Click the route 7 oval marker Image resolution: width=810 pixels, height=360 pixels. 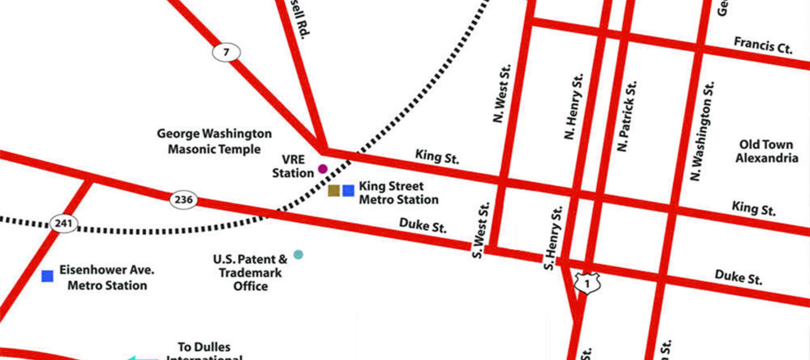[226, 53]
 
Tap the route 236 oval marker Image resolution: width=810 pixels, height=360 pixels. [184, 200]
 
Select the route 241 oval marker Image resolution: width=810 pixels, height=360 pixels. [64, 224]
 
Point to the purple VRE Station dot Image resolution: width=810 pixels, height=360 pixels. [323, 169]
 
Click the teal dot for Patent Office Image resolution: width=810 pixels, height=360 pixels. [298, 254]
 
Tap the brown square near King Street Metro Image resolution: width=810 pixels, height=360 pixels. [334, 191]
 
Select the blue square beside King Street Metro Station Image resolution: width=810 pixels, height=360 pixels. [349, 191]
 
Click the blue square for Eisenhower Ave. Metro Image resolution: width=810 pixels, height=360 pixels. [48, 276]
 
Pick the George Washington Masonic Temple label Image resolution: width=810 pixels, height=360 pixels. [214, 141]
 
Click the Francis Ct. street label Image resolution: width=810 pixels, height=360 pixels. [763, 46]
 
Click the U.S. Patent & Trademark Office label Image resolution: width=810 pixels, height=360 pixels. [250, 273]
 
